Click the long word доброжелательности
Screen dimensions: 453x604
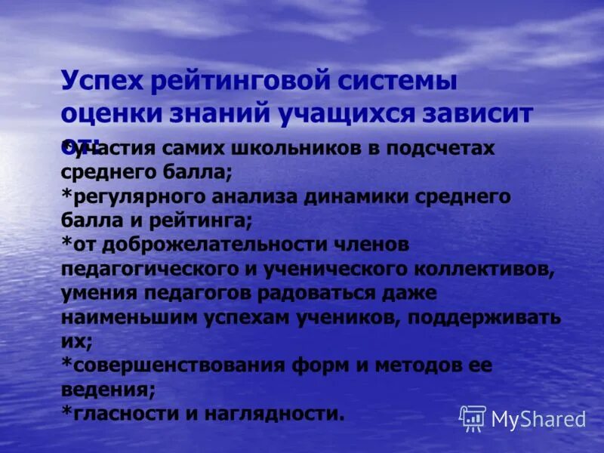[198, 245]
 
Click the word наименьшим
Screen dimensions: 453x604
[129, 316]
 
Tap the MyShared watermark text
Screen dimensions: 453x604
[538, 419]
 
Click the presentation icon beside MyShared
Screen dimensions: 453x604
[473, 418]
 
